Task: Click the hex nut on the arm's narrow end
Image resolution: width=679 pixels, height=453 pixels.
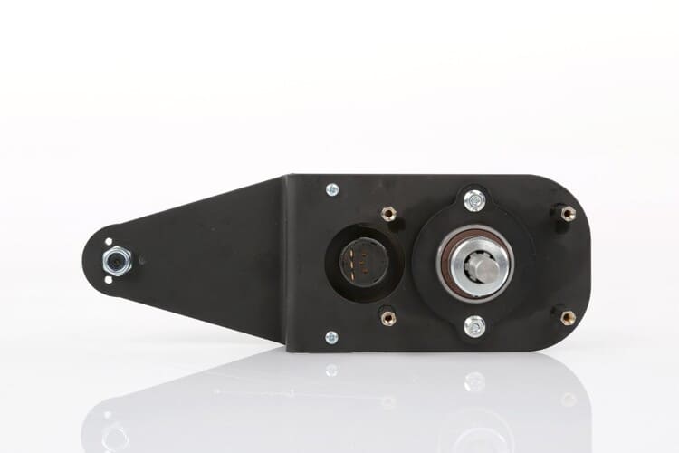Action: (x=117, y=262)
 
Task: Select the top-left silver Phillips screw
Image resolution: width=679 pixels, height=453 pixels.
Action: (x=332, y=189)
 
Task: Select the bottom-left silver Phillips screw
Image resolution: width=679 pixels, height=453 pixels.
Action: (x=332, y=337)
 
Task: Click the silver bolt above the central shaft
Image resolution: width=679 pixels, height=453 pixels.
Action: (x=473, y=200)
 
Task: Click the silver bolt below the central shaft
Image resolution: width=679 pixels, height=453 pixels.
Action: (x=473, y=325)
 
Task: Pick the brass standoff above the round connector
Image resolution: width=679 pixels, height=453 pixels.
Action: (x=389, y=214)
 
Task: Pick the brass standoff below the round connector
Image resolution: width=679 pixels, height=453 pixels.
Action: (x=388, y=317)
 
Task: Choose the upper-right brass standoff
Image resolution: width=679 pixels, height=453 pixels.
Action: (x=568, y=214)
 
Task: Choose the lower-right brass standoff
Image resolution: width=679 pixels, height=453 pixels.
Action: (x=568, y=318)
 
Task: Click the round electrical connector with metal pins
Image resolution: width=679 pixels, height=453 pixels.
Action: (x=363, y=261)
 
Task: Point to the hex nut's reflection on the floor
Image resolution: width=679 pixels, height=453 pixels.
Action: (x=115, y=436)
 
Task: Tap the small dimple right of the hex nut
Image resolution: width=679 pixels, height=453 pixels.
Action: (x=140, y=261)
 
